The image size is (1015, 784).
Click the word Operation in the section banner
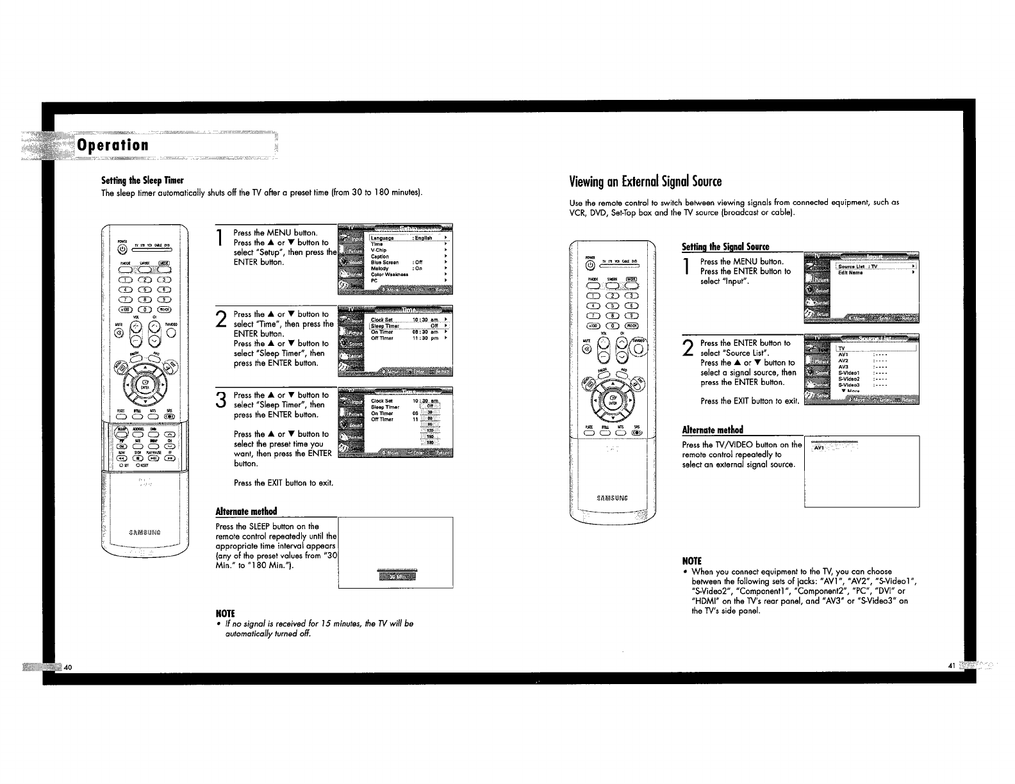[113, 145]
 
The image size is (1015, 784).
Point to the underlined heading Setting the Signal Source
[725, 247]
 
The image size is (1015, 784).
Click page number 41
[952, 666]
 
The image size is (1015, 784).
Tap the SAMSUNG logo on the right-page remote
[611, 497]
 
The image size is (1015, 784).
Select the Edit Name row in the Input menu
[850, 273]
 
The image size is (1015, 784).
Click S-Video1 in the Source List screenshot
[848, 372]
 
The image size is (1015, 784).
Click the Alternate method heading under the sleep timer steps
[246, 511]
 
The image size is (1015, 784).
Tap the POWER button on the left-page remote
[122, 250]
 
